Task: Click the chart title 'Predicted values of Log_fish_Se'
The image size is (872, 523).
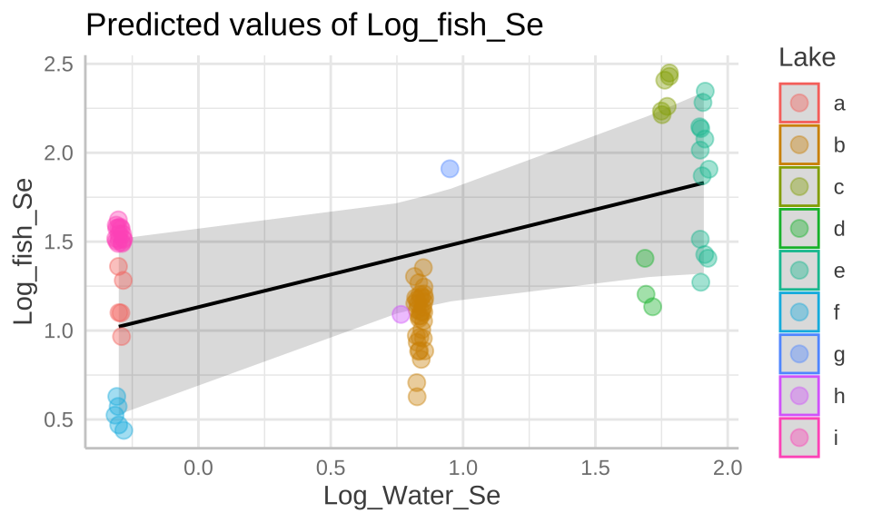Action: pos(313,25)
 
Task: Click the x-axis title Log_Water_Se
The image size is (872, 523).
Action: pos(412,497)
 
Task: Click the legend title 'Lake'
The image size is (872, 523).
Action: pos(807,58)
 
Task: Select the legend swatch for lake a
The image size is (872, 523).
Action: pos(799,104)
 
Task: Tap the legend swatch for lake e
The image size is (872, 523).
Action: pos(799,271)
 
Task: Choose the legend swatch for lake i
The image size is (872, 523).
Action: pos(799,438)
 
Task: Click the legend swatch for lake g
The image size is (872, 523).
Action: pos(799,354)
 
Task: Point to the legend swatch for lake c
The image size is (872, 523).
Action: pos(799,187)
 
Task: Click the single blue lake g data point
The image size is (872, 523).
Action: pos(450,168)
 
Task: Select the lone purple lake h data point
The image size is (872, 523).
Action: pos(401,314)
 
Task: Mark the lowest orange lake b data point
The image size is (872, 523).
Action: pos(417,396)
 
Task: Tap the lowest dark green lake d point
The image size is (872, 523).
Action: pos(652,306)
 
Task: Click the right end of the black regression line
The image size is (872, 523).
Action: pos(702,183)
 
